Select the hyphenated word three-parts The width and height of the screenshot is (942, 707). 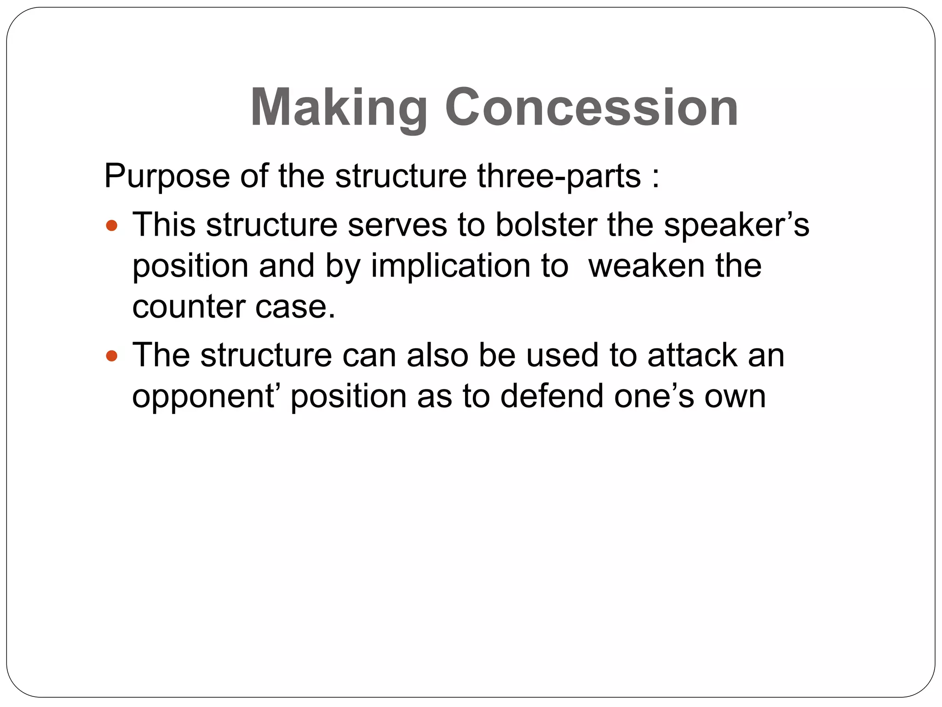point(559,176)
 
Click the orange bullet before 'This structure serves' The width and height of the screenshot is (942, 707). point(112,226)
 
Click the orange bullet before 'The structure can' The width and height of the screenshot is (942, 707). point(112,356)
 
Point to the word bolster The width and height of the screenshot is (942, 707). point(546,225)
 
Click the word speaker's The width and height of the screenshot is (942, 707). point(736,225)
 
